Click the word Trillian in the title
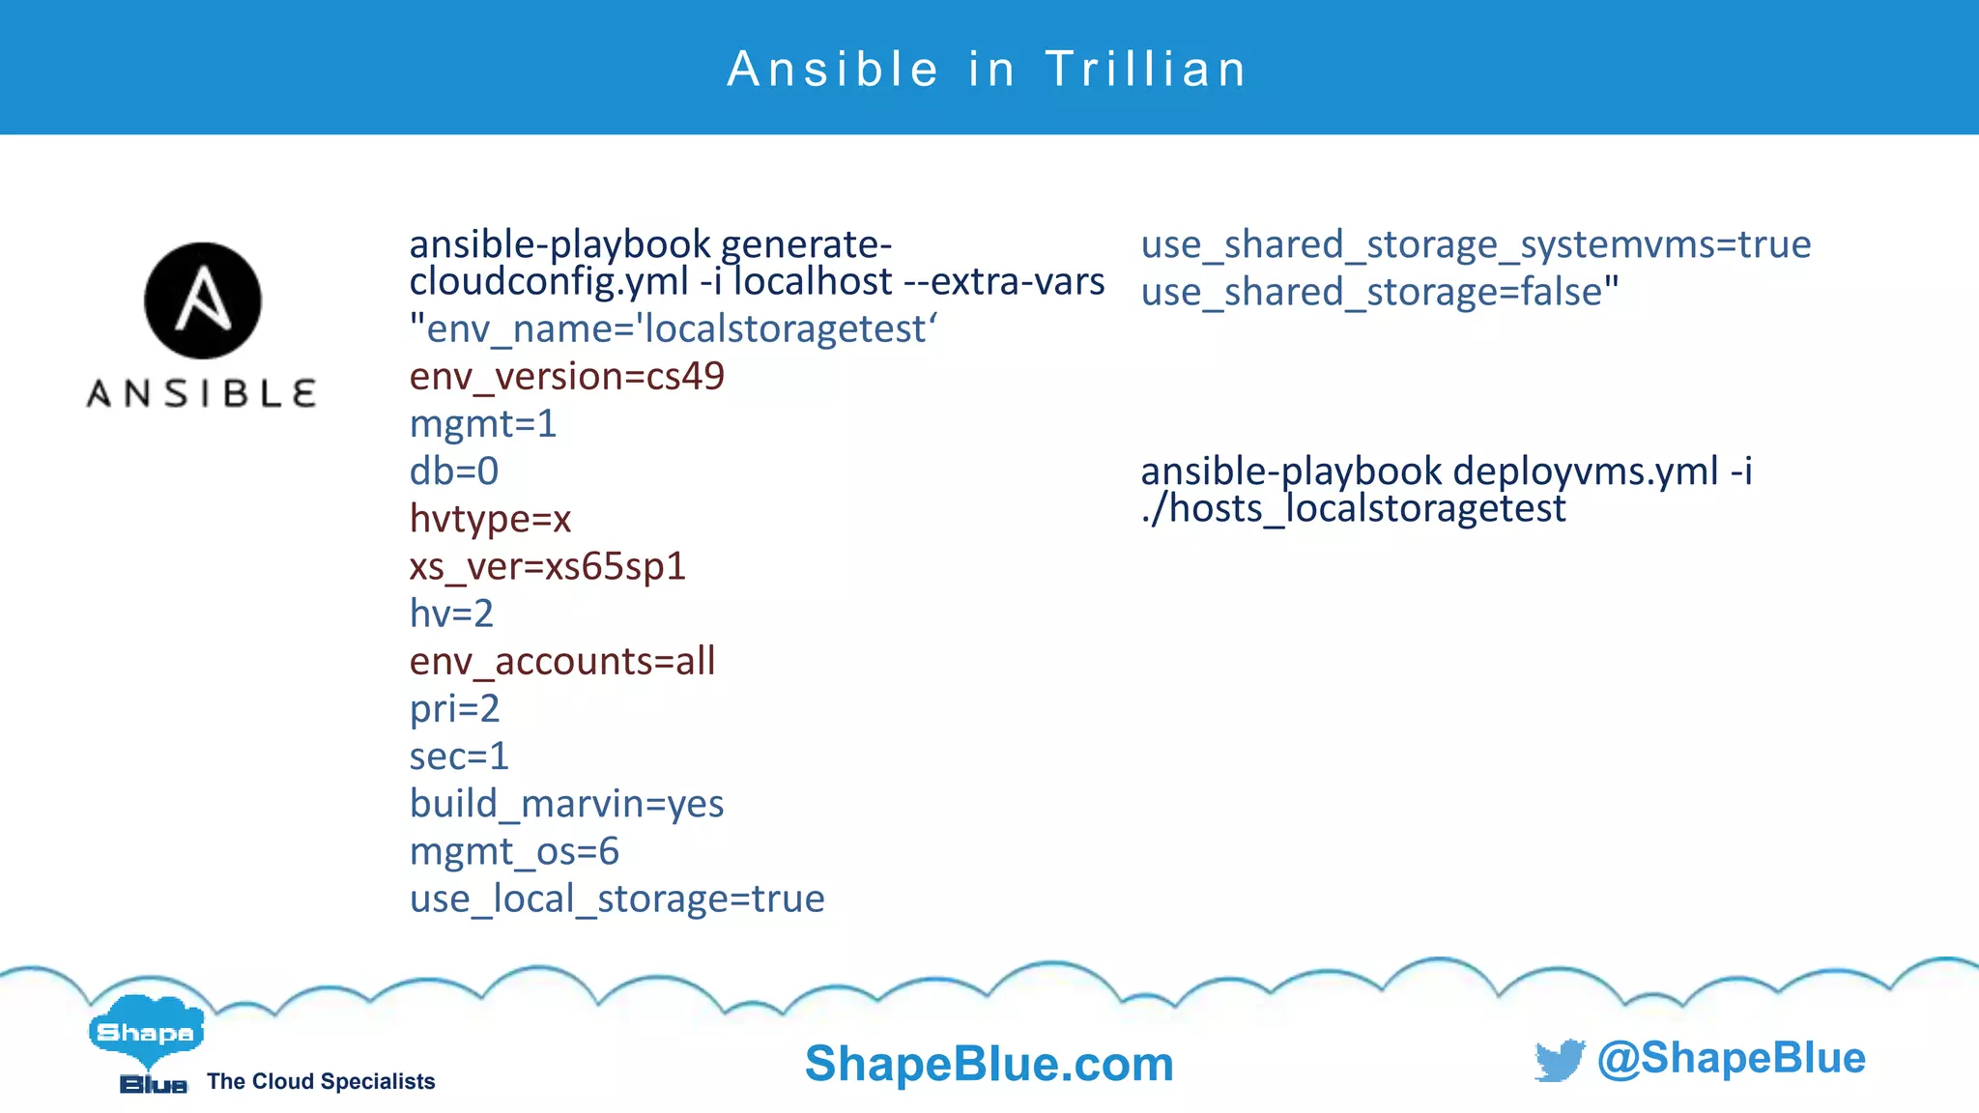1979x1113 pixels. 1146,70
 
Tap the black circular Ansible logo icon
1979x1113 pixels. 203,300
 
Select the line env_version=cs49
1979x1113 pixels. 566,376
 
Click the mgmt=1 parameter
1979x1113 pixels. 483,423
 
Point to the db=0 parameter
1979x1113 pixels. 454,471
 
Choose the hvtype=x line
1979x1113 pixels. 490,519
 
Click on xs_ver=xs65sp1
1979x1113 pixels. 547,566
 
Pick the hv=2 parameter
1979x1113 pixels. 451,614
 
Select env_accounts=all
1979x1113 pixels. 562,661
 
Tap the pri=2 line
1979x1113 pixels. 454,708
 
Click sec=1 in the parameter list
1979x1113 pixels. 459,756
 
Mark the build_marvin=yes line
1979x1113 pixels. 566,804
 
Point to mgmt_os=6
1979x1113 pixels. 514,851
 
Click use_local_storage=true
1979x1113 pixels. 617,899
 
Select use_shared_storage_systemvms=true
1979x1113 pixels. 1476,244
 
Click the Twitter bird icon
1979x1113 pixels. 1559,1060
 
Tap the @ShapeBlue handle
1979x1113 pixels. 1731,1058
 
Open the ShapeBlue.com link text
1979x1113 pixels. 989,1064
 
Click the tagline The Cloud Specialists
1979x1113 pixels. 321,1081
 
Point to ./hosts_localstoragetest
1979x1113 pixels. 1353,509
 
